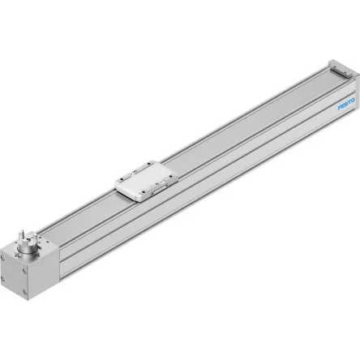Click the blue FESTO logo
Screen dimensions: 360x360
[346, 105]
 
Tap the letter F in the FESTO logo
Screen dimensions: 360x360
[340, 108]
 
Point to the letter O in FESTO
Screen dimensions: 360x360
[353, 101]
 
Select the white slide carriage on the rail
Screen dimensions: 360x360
[146, 180]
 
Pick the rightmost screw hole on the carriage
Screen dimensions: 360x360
[173, 175]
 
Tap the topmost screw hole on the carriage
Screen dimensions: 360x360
[149, 163]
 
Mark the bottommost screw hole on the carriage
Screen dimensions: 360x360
[144, 192]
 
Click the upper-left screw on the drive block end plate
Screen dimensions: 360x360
[3, 257]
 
